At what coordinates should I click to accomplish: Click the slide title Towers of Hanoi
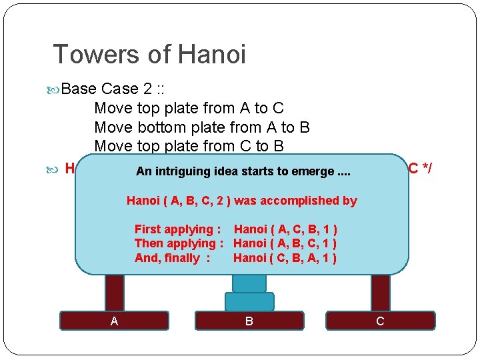click(149, 54)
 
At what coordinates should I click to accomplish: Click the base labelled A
click(115, 321)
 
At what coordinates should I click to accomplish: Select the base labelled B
click(249, 321)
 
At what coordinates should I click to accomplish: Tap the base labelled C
click(380, 321)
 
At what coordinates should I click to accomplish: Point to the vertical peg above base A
click(115, 292)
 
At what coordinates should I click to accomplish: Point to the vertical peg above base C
click(381, 292)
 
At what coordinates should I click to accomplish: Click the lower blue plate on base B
click(249, 302)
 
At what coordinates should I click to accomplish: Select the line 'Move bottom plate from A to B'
click(202, 127)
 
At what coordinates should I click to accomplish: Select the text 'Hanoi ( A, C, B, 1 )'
click(285, 229)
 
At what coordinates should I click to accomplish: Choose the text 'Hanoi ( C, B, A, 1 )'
click(285, 258)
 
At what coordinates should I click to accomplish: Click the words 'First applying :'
click(177, 229)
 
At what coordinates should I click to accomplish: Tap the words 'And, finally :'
click(172, 258)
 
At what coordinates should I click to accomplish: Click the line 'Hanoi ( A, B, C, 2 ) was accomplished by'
click(242, 201)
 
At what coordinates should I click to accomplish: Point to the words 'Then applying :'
click(179, 244)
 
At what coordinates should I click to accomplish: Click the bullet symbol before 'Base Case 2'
click(55, 89)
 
